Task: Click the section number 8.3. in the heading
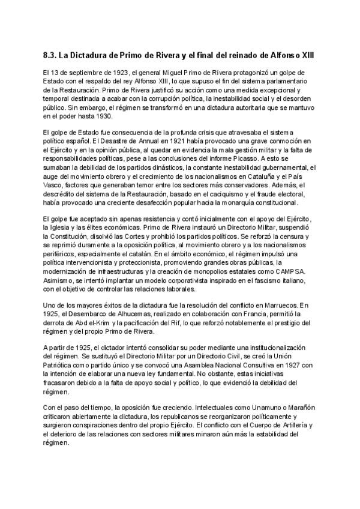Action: (x=51, y=56)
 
